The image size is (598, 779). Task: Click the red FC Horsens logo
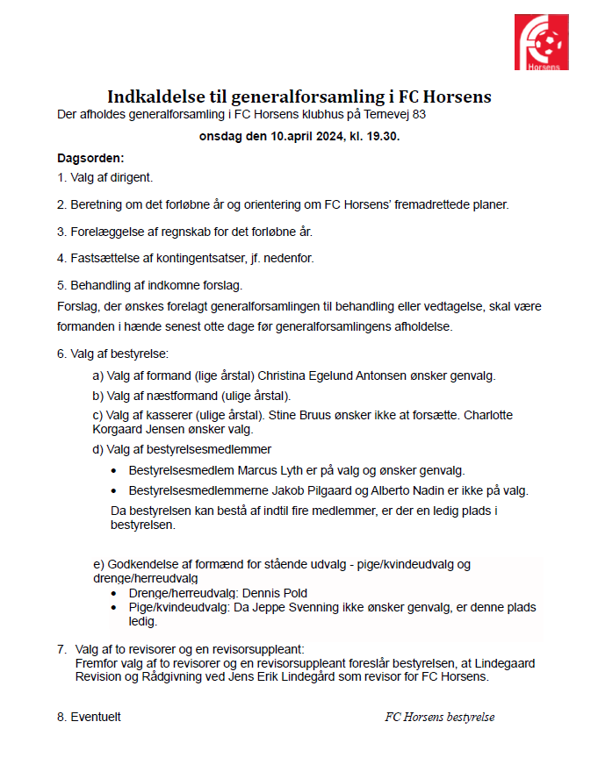pyautogui.click(x=541, y=41)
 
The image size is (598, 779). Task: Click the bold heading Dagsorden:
pyautogui.click(x=90, y=158)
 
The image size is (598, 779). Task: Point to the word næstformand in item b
pyautogui.click(x=184, y=395)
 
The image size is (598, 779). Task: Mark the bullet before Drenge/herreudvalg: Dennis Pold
pyautogui.click(x=115, y=593)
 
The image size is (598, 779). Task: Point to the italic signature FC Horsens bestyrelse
pyautogui.click(x=439, y=717)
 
